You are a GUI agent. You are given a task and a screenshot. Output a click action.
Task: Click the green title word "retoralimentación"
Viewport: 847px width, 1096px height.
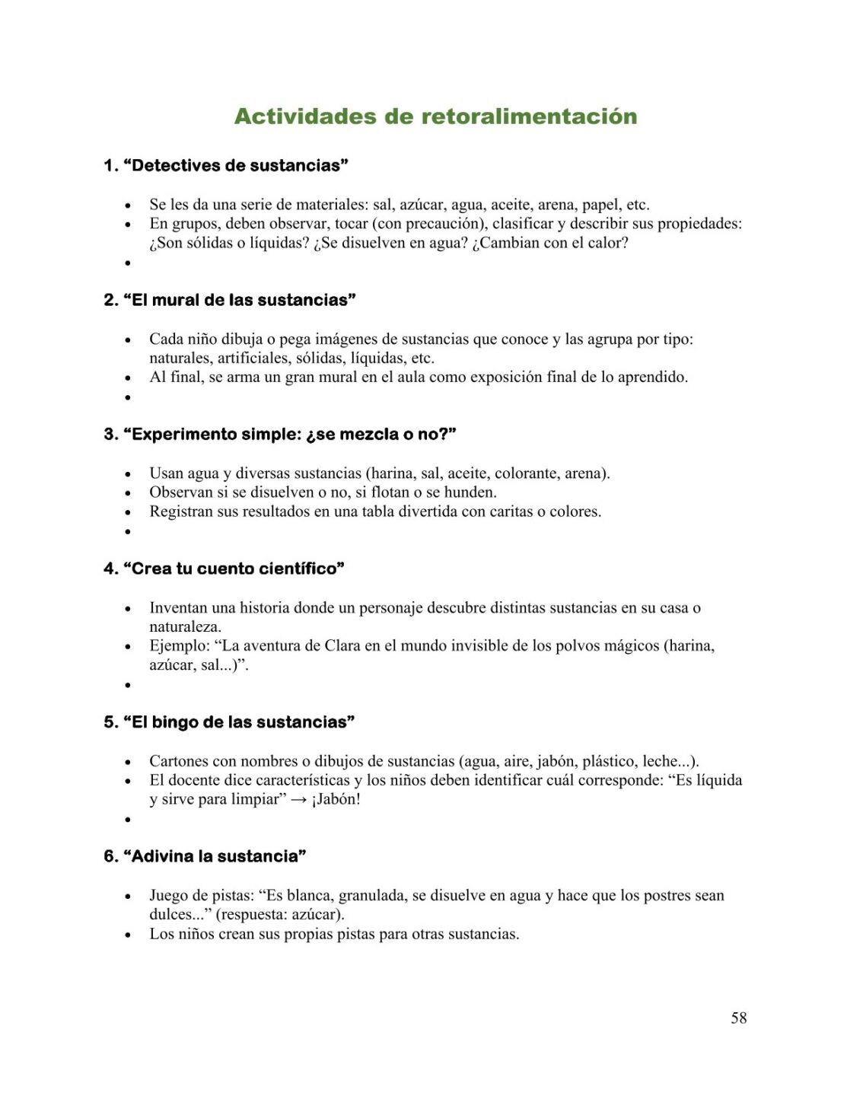pos(529,116)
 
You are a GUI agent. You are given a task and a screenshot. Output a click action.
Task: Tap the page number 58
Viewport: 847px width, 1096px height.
pos(738,1018)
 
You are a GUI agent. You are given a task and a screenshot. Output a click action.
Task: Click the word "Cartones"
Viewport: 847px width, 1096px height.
pos(179,761)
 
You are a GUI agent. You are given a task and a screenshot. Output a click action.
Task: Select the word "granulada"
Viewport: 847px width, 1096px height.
pos(371,895)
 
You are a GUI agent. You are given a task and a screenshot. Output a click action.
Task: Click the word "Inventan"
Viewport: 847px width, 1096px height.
pos(179,607)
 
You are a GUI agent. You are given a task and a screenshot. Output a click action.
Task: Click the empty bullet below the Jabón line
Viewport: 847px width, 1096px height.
pos(128,820)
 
